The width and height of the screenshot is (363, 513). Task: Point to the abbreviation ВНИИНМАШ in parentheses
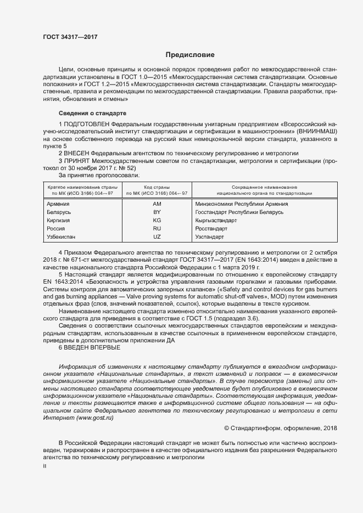coord(314,132)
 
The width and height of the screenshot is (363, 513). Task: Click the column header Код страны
coord(157,187)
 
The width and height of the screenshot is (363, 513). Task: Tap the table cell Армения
coord(54,204)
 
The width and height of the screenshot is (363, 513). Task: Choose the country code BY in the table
coord(157,212)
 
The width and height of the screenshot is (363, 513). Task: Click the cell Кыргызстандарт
coord(216,220)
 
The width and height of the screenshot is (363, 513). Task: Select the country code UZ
coord(157,236)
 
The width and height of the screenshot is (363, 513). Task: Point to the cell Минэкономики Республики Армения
coord(242,204)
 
